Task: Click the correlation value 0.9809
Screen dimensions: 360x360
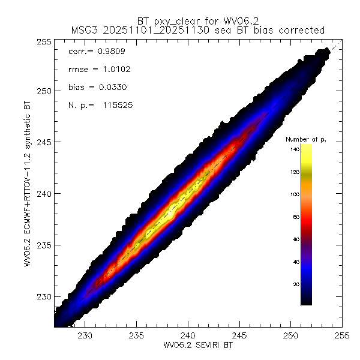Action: [107, 52]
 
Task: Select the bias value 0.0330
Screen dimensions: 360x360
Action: [110, 88]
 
